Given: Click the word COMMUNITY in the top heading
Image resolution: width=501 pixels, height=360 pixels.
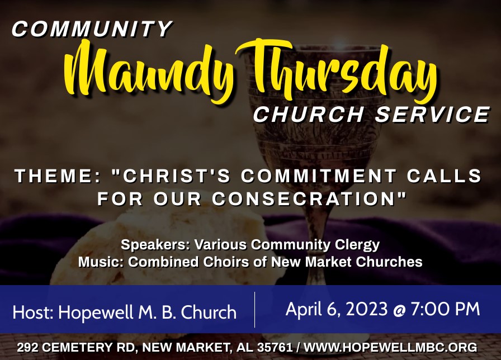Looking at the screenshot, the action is click(92, 29).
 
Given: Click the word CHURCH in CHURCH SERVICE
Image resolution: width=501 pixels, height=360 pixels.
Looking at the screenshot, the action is click(309, 114).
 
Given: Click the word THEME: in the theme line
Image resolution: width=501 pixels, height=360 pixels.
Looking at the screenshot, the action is click(58, 176).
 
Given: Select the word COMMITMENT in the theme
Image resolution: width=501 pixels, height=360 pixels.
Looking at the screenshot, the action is click(319, 176).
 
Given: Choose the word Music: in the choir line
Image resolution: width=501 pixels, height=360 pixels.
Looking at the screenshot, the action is click(101, 262).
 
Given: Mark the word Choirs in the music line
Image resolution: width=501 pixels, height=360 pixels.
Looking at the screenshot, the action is click(225, 262).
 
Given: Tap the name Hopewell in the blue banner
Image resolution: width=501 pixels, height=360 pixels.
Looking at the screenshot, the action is click(96, 312).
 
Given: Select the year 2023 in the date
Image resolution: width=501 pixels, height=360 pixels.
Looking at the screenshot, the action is click(362, 309).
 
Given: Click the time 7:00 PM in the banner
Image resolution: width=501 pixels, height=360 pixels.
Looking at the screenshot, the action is click(446, 309).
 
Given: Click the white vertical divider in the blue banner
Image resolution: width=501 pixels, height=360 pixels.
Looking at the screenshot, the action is click(254, 310).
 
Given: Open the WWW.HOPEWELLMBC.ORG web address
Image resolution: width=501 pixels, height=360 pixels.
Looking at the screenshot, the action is click(390, 348).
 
